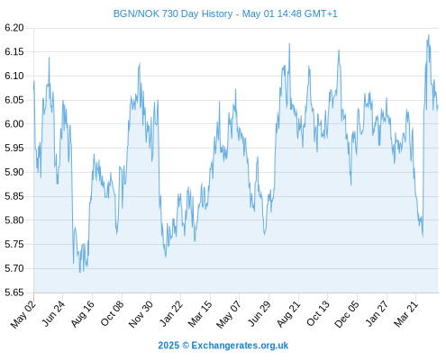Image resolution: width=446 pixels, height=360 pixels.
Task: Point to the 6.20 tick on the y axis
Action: pos(14,28)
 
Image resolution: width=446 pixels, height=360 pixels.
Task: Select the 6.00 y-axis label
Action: pos(14,124)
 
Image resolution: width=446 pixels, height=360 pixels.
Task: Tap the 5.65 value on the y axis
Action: pos(14,292)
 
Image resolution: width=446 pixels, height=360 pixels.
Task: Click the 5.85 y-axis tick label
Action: pos(14,196)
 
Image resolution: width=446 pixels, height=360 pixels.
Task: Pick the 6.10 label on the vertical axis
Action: pos(14,76)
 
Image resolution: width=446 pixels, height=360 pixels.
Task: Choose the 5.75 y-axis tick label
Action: pos(14,245)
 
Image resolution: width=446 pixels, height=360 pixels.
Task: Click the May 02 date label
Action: pos(23,314)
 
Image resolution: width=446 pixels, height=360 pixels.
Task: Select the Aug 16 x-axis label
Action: pos(82,314)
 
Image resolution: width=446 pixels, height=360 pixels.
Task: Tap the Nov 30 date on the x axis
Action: pos(141,314)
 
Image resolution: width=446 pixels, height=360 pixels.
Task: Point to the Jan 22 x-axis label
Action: pos(171,314)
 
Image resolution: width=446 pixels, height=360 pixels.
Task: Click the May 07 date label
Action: pos(229,314)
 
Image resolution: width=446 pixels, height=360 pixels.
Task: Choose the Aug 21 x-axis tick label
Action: pos(288,314)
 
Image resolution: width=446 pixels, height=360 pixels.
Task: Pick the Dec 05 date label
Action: pos(347,314)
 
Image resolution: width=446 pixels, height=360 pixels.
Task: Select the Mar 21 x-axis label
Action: pos(406,314)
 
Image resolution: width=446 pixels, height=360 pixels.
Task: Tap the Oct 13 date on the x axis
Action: pos(318,314)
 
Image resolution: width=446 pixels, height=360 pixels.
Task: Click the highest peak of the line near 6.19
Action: pos(429,35)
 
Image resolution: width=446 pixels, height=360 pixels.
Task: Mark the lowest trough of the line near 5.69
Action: pos(80,273)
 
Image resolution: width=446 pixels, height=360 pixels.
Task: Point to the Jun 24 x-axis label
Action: pos(53,314)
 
